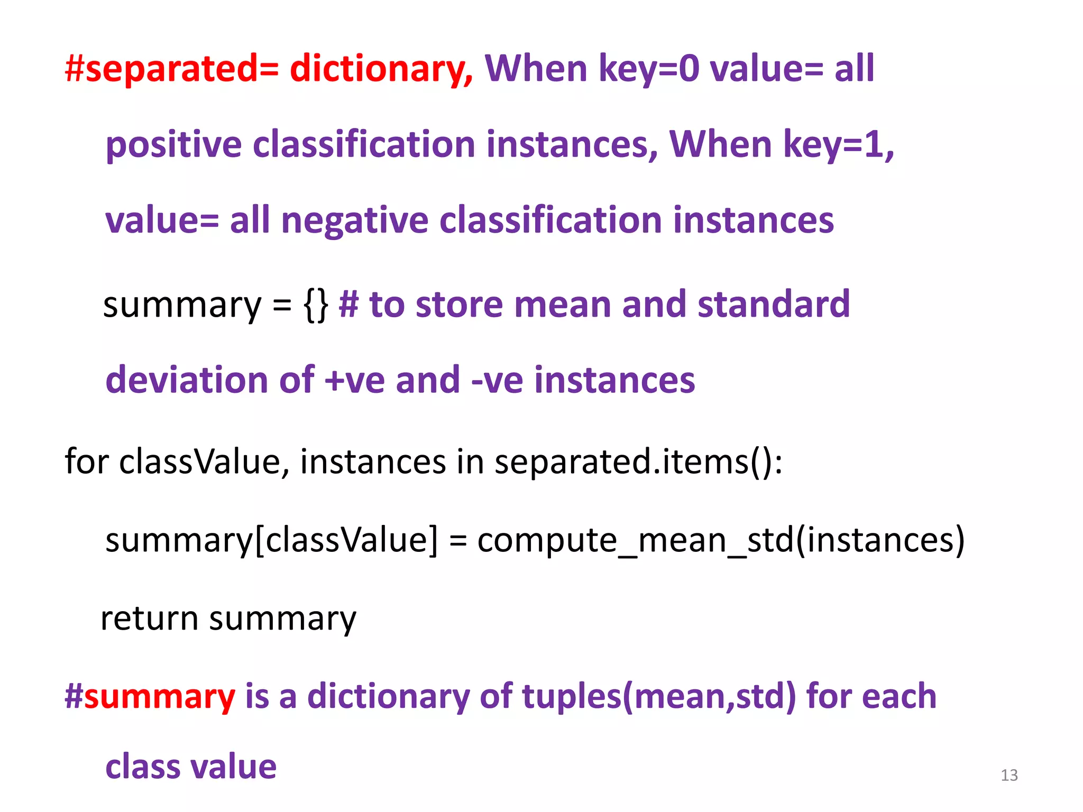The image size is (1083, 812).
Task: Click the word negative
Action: (x=354, y=220)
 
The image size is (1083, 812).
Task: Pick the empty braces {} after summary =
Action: (x=316, y=305)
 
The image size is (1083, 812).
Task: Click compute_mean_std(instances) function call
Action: (x=721, y=540)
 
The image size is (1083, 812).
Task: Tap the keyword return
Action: (x=149, y=618)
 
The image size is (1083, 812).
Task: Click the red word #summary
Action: (x=150, y=696)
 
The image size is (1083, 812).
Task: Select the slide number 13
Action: (x=1009, y=775)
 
